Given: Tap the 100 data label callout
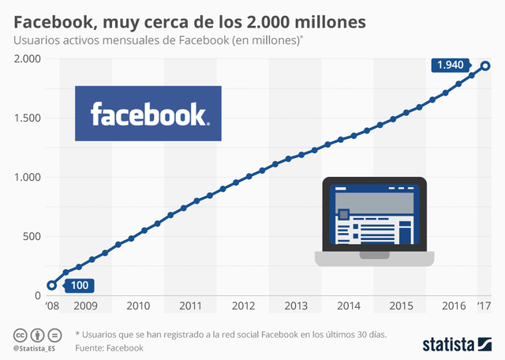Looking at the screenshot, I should (80, 286).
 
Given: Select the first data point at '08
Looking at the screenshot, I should (52, 286).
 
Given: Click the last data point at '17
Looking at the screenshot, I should (486, 66).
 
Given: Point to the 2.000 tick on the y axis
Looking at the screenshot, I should (28, 59).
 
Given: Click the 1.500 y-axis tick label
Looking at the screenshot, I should (28, 118).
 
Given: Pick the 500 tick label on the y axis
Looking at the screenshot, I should (32, 236).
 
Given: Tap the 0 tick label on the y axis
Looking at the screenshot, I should (38, 295).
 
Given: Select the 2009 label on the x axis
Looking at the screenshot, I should (85, 306).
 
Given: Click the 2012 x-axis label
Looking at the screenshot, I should (243, 306).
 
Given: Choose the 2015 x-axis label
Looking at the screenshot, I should (401, 306).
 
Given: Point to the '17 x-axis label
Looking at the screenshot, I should (484, 306).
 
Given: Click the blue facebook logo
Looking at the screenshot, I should (148, 114).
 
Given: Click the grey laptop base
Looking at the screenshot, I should (374, 259).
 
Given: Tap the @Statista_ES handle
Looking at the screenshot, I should (36, 348).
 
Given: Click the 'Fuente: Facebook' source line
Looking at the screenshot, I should (110, 347).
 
